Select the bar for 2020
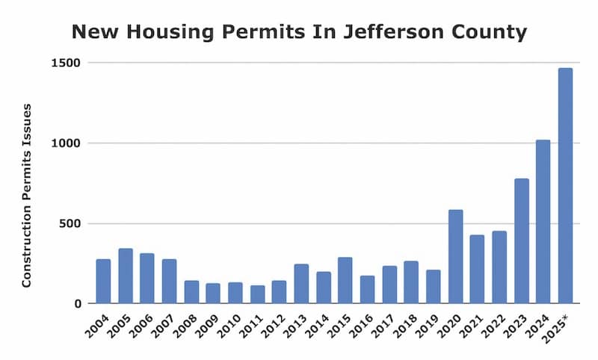coord(455,257)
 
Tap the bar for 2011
coord(257,294)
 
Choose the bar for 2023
coord(521,241)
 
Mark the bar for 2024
coord(543,222)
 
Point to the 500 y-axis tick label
coord(71,224)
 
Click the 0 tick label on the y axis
coord(78,304)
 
